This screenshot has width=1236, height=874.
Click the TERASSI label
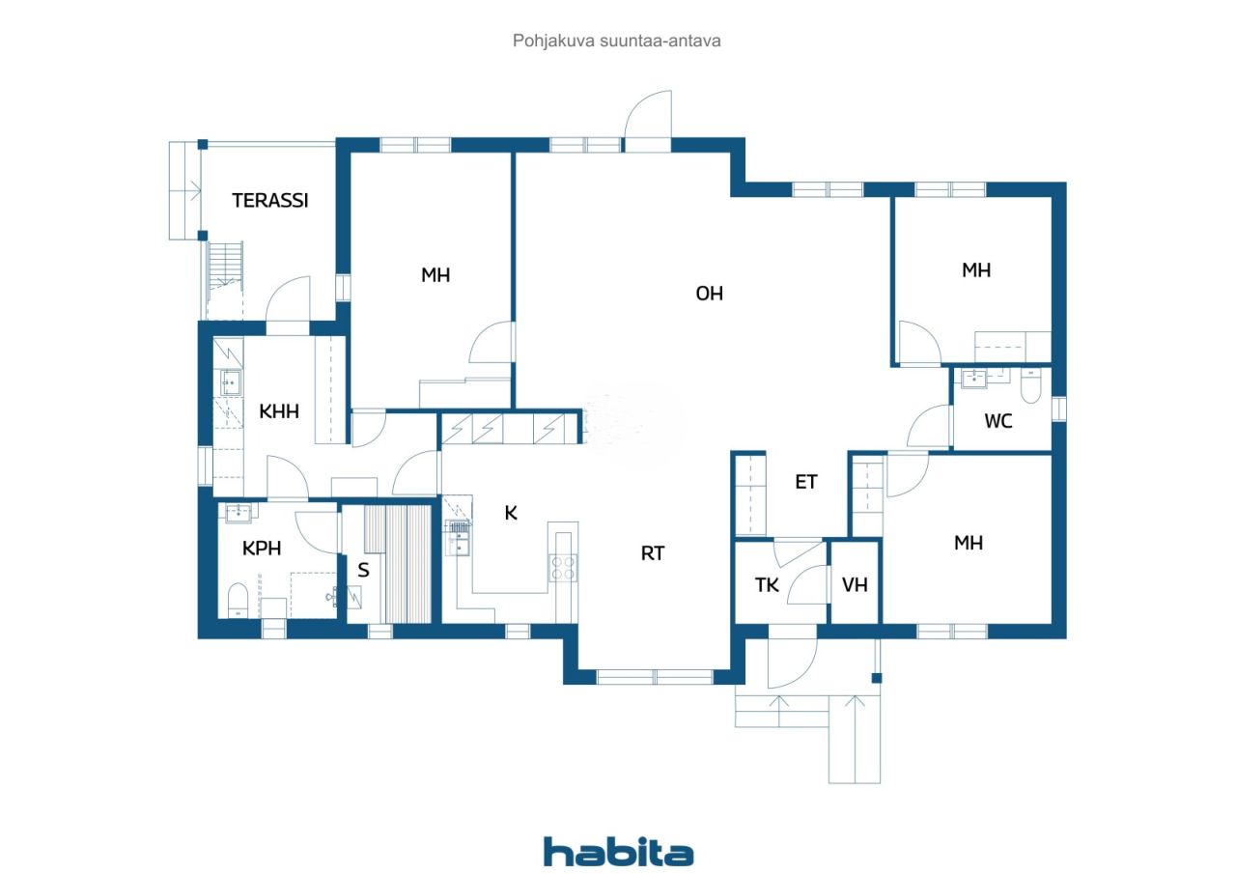click(270, 201)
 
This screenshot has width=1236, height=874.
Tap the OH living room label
click(710, 294)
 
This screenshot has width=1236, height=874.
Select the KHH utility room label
click(279, 411)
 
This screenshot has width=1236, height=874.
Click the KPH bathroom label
click(262, 549)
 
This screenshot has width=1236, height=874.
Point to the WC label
click(998, 422)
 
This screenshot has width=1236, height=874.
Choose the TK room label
click(767, 585)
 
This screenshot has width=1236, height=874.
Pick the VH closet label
click(855, 585)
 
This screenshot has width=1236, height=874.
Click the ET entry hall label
click(806, 482)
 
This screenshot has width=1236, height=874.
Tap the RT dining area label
click(653, 553)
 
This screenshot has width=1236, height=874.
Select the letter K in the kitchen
click(511, 514)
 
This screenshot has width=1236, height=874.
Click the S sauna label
click(363, 570)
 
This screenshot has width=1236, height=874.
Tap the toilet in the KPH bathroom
click(238, 600)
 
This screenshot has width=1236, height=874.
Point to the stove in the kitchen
click(564, 568)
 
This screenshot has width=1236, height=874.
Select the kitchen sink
click(458, 539)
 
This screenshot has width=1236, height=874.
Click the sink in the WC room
click(974, 378)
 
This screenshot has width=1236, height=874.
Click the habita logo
click(618, 852)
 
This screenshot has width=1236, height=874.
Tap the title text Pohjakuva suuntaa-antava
click(617, 42)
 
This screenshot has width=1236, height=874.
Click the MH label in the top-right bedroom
click(976, 270)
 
